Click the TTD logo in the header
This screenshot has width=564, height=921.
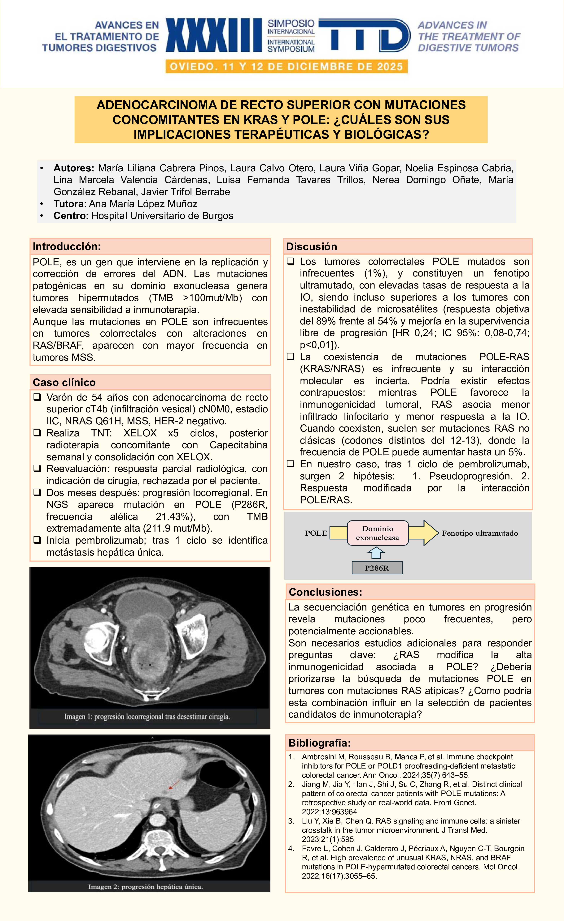point(365,36)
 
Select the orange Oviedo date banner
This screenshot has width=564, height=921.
point(286,66)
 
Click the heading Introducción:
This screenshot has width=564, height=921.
point(67,246)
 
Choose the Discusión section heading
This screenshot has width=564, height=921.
point(312,247)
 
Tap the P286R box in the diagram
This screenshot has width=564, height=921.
point(377,568)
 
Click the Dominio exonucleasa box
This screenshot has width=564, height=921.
point(377,533)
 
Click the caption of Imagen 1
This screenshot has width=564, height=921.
point(147,717)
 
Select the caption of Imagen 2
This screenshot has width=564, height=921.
point(146,887)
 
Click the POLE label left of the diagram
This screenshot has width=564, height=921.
point(316,533)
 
